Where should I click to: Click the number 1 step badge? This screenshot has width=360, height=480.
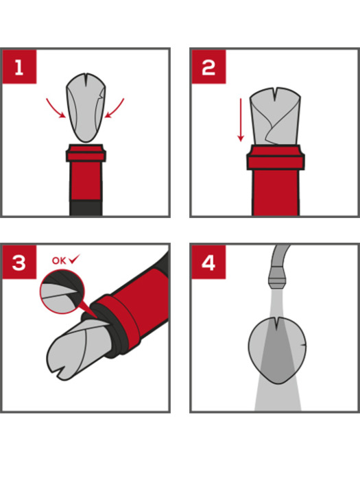pos(19,67)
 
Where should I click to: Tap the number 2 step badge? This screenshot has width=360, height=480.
pos(208,67)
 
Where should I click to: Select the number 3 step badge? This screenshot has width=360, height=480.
pos(19,263)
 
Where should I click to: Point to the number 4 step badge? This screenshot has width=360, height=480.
pos(208,263)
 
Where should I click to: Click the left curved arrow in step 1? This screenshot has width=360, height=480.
pos(53,109)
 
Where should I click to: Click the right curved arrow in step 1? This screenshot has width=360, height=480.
pos(117,109)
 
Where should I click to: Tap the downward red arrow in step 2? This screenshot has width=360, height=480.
pos(241,120)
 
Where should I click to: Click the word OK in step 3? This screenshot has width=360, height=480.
pos(59,261)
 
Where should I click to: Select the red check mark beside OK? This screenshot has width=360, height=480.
pos(74,259)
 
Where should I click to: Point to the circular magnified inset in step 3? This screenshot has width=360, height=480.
pos(62,291)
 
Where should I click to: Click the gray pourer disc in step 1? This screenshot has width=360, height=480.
pos(86,108)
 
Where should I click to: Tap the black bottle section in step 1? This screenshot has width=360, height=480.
pos(86,208)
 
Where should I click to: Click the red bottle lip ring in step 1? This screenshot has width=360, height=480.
pos(86,153)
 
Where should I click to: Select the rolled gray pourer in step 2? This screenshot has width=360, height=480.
pos(275,117)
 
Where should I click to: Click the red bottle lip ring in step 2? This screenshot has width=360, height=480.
pos(276,158)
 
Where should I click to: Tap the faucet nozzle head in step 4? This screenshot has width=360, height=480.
pos(277,278)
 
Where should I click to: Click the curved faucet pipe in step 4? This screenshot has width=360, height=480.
pos(280,256)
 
